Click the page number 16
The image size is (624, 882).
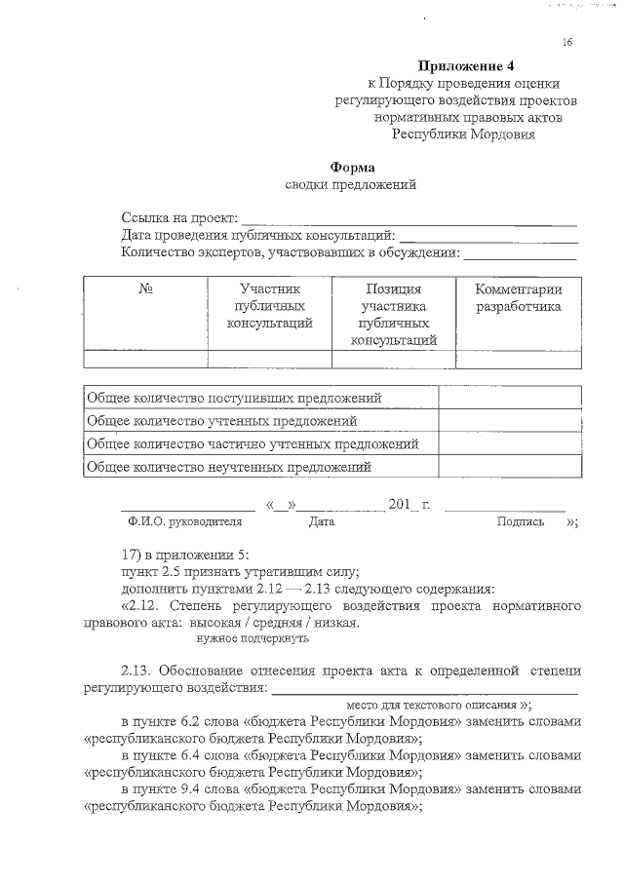point(567,42)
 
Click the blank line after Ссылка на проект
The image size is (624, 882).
point(409,219)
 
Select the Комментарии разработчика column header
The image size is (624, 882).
point(518,298)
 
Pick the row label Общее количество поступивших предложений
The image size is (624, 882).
point(234,398)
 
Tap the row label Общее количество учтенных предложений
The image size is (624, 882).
point(221,421)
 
